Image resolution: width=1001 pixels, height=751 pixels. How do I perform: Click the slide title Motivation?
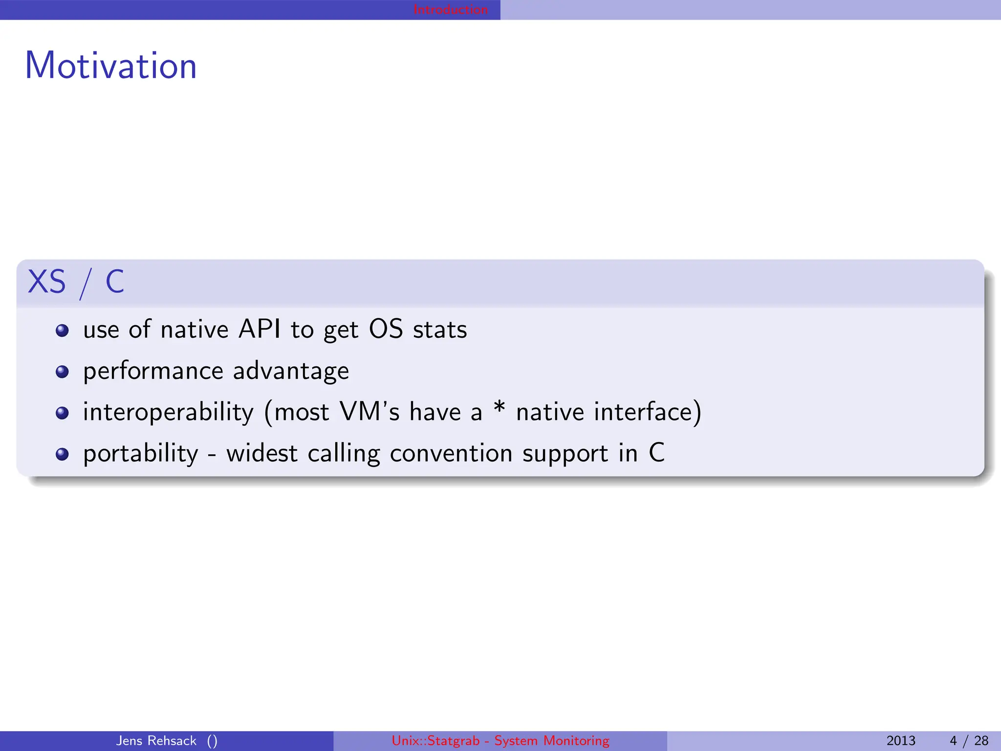pyautogui.click(x=111, y=66)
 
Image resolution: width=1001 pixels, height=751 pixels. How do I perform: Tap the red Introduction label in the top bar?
pyautogui.click(x=450, y=10)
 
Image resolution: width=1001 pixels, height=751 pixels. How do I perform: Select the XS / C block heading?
pyautogui.click(x=76, y=282)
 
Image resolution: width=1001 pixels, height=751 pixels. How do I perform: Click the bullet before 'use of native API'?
pyautogui.click(x=62, y=331)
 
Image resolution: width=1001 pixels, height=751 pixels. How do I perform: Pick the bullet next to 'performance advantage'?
pyautogui.click(x=62, y=372)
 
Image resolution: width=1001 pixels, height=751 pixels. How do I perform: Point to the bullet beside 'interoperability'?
pyautogui.click(x=62, y=413)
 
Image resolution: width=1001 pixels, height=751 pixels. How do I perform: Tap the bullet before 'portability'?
pyautogui.click(x=62, y=454)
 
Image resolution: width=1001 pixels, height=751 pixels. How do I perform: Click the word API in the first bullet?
pyautogui.click(x=260, y=329)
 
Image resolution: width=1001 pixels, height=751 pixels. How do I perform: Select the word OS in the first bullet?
pyautogui.click(x=386, y=329)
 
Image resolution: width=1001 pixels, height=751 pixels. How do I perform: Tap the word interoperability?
pyautogui.click(x=168, y=412)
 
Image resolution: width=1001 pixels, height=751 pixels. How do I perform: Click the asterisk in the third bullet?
pyautogui.click(x=499, y=407)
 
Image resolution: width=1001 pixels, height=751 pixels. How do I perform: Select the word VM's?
pyautogui.click(x=370, y=412)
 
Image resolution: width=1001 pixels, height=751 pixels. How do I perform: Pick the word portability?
pyautogui.click(x=141, y=454)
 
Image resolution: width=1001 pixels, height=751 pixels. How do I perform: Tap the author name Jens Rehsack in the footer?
pyautogui.click(x=156, y=741)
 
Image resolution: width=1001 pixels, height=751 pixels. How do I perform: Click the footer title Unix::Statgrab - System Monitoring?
pyautogui.click(x=500, y=741)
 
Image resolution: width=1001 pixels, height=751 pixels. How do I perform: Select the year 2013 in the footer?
pyautogui.click(x=901, y=741)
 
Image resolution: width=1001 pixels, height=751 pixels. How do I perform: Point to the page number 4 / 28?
pyautogui.click(x=969, y=741)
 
